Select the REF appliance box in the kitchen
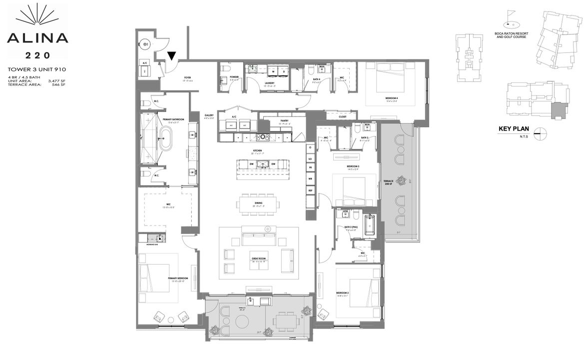click(x=310, y=191)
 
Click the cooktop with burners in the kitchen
click(x=262, y=137)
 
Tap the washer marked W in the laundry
click(x=273, y=71)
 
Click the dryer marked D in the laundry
click(x=283, y=71)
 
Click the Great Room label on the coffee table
click(x=259, y=259)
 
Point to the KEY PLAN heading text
click(x=514, y=129)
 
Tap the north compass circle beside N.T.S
click(x=539, y=132)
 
